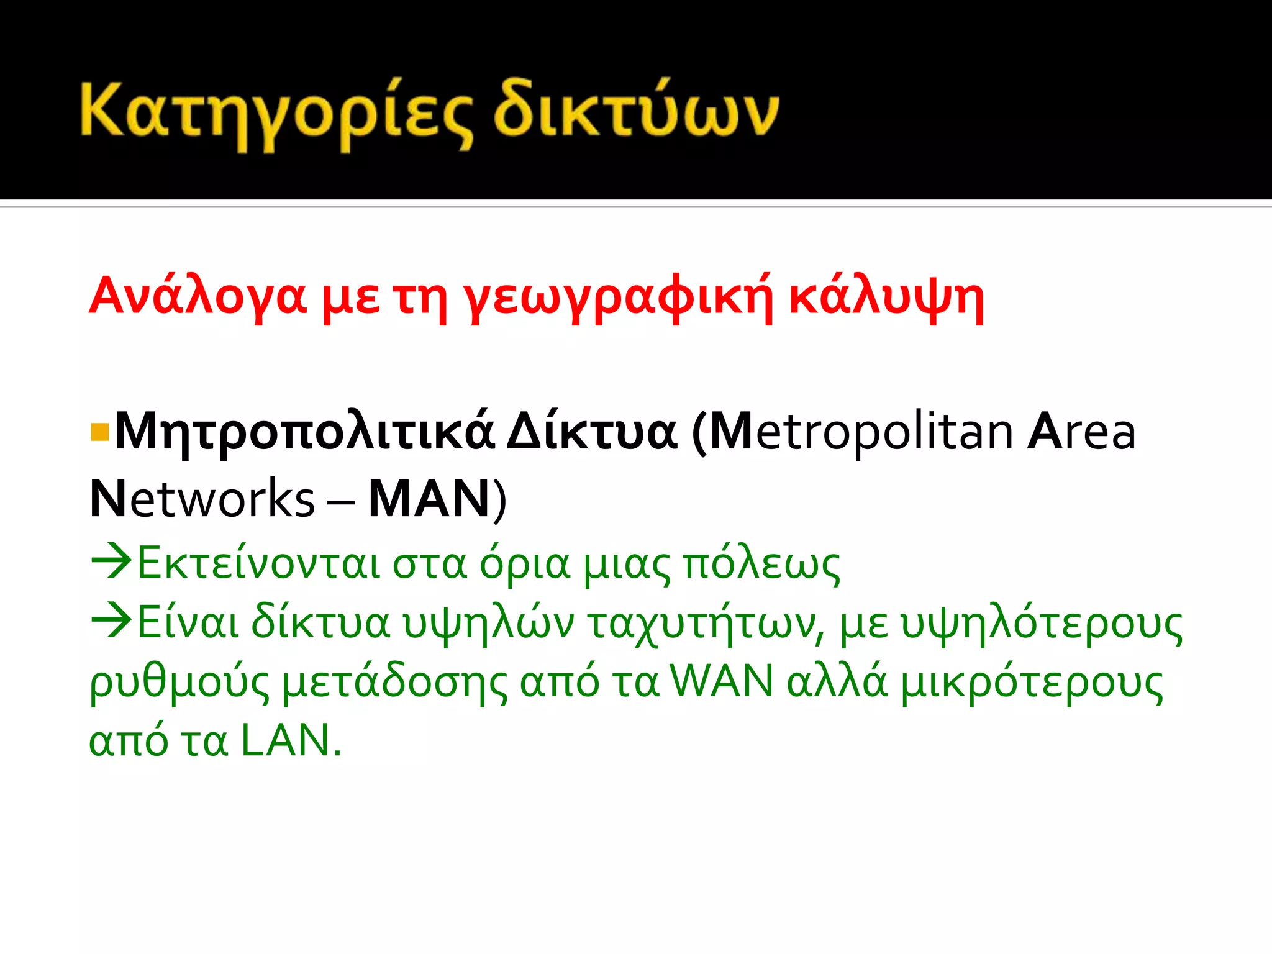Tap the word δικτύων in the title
[x=636, y=112]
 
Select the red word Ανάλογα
[x=198, y=296]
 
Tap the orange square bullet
[x=99, y=432]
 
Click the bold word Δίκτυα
[x=592, y=432]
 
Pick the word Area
[x=1081, y=432]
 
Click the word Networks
[x=202, y=499]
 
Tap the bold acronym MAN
[x=429, y=499]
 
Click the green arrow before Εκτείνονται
[x=112, y=561]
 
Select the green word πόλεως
[x=761, y=565]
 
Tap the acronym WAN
[x=722, y=681]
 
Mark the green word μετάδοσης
[x=394, y=683]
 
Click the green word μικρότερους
[x=1031, y=683]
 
